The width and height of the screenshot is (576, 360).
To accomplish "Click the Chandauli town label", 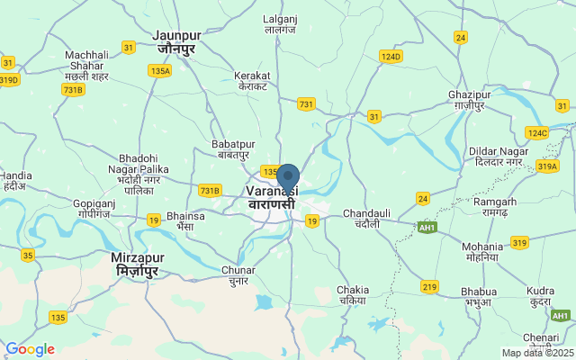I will coord(366,218).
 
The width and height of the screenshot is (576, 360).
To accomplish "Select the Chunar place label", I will coord(238,274).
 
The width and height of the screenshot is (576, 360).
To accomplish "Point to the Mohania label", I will coord(482,251).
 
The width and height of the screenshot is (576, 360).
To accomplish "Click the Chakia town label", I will coord(353,294).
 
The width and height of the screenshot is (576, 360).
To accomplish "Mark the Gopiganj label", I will coord(94,210).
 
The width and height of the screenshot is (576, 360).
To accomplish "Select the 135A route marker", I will coord(160,70).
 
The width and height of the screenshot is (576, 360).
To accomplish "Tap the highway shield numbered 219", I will coord(430,286).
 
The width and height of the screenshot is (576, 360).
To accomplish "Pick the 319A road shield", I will coord(547,166).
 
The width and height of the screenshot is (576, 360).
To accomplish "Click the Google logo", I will coord(30,349).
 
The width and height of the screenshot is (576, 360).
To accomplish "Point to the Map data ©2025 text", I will coord(537,353).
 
